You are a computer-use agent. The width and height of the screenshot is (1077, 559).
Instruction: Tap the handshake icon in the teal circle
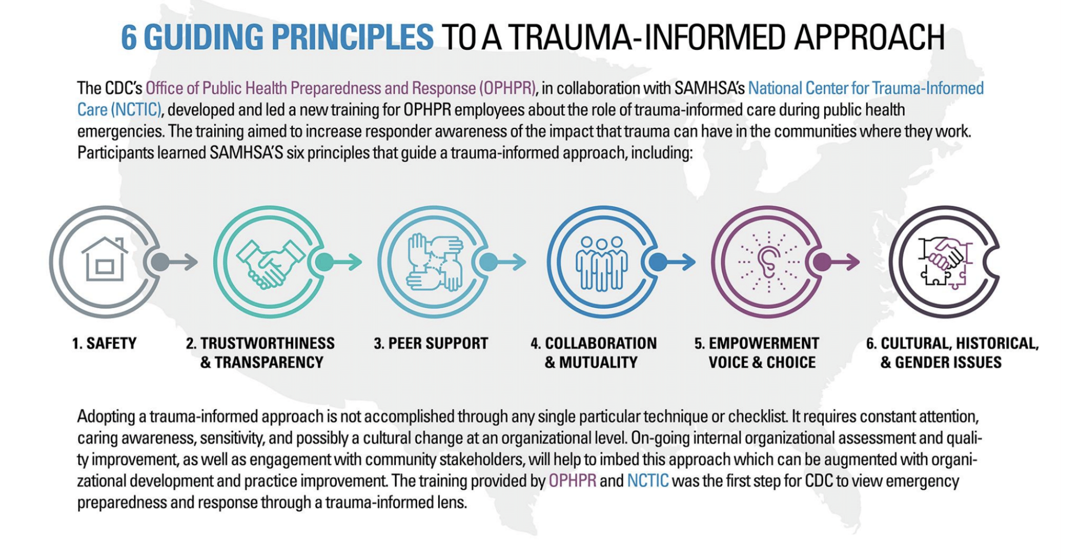(x=270, y=262)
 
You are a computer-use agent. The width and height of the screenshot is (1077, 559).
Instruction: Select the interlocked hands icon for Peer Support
(x=435, y=262)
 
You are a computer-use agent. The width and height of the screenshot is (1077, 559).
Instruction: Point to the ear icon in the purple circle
(x=768, y=262)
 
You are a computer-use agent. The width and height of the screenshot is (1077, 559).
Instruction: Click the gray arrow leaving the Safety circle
(x=181, y=262)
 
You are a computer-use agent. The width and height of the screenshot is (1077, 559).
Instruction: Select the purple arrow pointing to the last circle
(x=844, y=262)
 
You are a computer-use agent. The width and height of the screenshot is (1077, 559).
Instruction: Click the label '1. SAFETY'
(x=104, y=343)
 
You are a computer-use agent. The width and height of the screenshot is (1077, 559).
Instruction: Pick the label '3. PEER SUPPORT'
(x=431, y=343)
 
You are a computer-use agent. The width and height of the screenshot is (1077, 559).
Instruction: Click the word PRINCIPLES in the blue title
(x=352, y=37)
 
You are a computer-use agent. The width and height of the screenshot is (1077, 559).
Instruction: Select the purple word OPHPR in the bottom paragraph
(x=572, y=481)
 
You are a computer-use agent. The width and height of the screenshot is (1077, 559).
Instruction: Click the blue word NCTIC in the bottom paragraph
(x=648, y=481)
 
